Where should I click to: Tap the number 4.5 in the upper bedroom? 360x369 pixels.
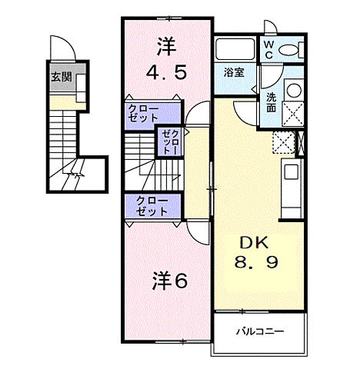tap(164, 75)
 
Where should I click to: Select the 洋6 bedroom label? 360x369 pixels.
tap(168, 281)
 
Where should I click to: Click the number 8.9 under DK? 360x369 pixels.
tap(256, 263)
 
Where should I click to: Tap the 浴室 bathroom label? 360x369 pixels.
tap(234, 72)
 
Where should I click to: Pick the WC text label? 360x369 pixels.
tap(269, 50)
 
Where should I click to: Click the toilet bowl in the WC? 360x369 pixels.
tap(291, 50)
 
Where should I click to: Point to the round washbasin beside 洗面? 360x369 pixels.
tap(292, 90)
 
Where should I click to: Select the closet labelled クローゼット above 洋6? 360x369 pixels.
tap(152, 205)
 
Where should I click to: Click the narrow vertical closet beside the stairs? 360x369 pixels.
tap(169, 142)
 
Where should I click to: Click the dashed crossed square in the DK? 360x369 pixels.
tap(283, 143)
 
